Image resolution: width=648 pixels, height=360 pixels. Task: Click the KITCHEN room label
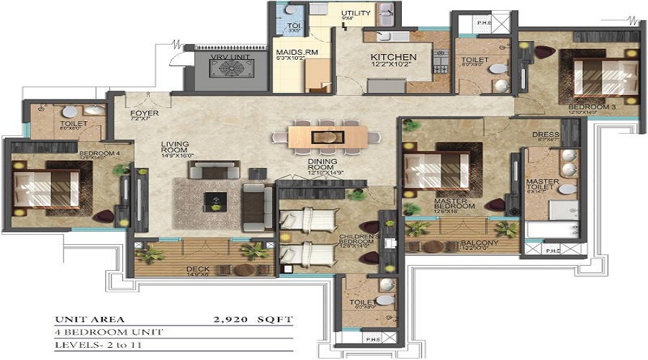393,58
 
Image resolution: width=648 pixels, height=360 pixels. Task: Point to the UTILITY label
356,14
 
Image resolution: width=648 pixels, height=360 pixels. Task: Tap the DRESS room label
541,135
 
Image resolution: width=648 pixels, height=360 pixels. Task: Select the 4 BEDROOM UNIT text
108,332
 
